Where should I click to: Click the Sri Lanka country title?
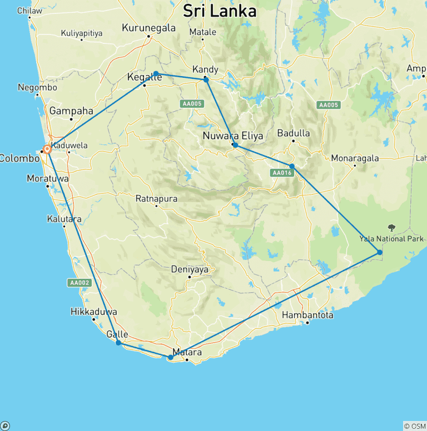(220, 11)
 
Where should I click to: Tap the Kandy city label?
(205, 69)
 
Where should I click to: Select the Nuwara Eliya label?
(229, 136)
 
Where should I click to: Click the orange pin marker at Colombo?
(48, 149)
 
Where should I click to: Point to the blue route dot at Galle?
(118, 343)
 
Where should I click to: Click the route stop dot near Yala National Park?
(380, 252)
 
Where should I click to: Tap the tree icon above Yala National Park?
(391, 228)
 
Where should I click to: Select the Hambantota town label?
(307, 315)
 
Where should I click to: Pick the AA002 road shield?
(79, 283)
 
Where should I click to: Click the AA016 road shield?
(282, 173)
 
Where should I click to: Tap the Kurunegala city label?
(148, 28)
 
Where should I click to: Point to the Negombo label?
(37, 87)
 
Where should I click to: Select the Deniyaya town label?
(190, 269)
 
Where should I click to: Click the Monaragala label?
(355, 158)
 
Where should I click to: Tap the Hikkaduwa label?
(94, 312)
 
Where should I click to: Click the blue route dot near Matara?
(171, 358)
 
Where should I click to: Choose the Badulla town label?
(294, 133)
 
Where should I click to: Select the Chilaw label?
(29, 11)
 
